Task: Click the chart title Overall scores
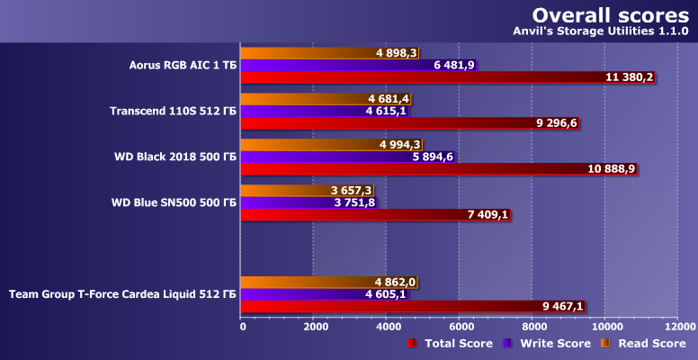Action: (x=610, y=15)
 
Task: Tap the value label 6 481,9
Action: (x=454, y=65)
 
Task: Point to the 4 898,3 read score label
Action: (x=397, y=53)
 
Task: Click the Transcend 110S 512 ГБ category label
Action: (x=173, y=111)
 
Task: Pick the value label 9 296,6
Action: (x=556, y=122)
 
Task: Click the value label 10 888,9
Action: (x=613, y=168)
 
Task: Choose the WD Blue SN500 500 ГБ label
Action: (x=173, y=202)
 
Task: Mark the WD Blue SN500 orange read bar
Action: (x=288, y=190)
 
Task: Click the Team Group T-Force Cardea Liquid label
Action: (x=122, y=293)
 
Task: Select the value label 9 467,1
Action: (x=563, y=306)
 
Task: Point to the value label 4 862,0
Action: (x=396, y=282)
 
